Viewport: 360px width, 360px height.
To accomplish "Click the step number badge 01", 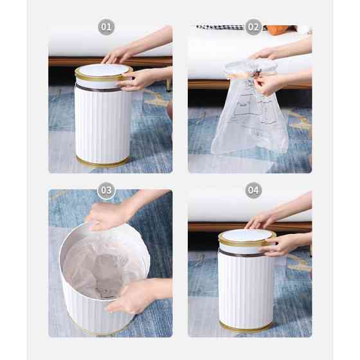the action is point(106,27).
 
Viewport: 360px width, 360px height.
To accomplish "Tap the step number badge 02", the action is point(253,27).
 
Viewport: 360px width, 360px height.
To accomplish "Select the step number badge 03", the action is point(106,190).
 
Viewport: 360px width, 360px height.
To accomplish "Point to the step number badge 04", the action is point(253,190).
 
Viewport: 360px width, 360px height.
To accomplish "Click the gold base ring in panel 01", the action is point(102,163).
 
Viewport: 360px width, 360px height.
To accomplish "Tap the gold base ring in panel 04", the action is point(246,328).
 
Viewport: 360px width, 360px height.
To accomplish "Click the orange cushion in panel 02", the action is point(280,30).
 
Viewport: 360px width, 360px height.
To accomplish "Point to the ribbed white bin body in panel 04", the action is point(246,289).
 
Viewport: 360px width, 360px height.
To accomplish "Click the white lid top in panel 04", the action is point(247,235).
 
